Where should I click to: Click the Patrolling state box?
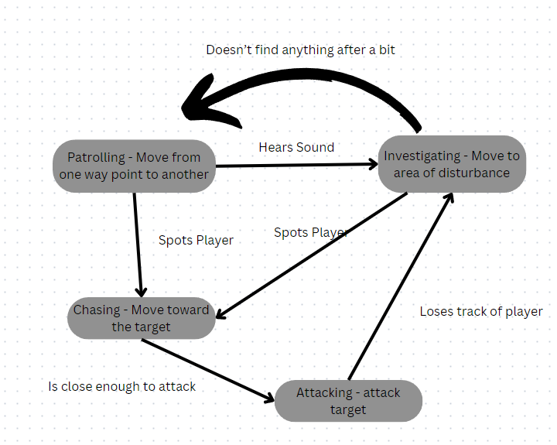click(134, 166)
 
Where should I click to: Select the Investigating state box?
click(452, 164)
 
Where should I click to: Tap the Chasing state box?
click(141, 318)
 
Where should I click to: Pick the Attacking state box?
click(348, 401)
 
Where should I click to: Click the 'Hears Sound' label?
click(296, 147)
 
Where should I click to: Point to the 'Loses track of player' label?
click(480, 311)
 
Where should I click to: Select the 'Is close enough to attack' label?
click(121, 385)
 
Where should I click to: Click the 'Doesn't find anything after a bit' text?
click(301, 50)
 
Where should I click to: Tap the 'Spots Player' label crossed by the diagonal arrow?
click(310, 232)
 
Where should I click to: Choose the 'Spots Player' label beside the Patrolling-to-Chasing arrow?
click(196, 240)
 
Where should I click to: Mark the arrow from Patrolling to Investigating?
click(294, 165)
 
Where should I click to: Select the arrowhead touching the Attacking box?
click(268, 398)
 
